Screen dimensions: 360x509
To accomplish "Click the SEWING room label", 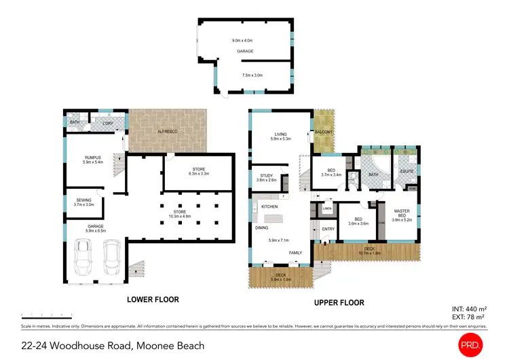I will click(84, 200).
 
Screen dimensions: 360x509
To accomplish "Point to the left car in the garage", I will click(83, 258).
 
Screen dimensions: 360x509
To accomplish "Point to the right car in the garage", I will click(112, 258).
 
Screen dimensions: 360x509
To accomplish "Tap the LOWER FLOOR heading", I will click(153, 299).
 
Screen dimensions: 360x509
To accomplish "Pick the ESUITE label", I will click(407, 172).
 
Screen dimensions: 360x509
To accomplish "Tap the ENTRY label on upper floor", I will click(328, 229).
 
